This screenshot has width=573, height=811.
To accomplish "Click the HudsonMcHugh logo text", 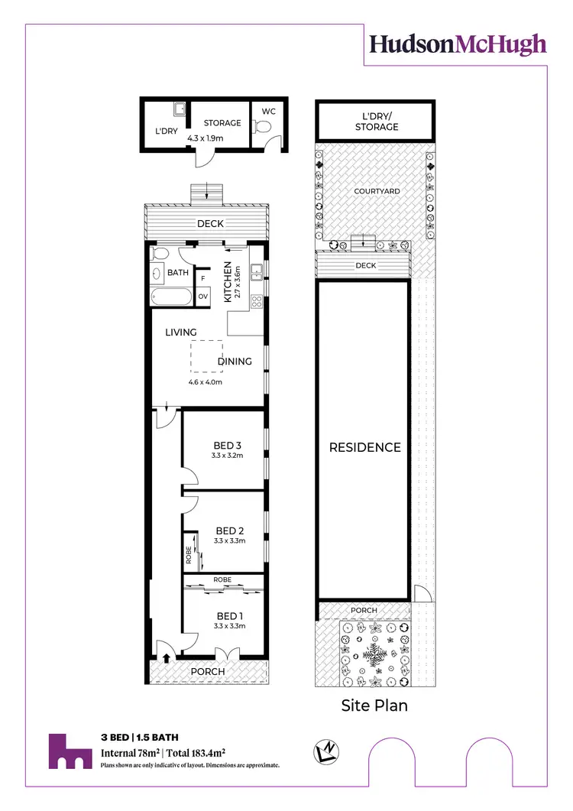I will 458,44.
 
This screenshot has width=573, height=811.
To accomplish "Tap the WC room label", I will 268,111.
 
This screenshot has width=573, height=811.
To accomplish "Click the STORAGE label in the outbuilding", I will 222,123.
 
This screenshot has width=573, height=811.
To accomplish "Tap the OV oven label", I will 203,296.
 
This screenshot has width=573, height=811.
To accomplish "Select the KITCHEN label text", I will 227,282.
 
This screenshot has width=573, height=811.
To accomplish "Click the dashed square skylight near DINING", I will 206,357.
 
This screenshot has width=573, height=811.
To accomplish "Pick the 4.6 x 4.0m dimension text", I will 205,382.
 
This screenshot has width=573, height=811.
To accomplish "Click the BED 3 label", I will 227,446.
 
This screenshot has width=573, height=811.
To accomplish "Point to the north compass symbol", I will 325,754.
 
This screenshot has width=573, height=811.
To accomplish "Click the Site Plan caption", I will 374,705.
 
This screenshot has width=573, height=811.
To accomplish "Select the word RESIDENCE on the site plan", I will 364,447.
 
